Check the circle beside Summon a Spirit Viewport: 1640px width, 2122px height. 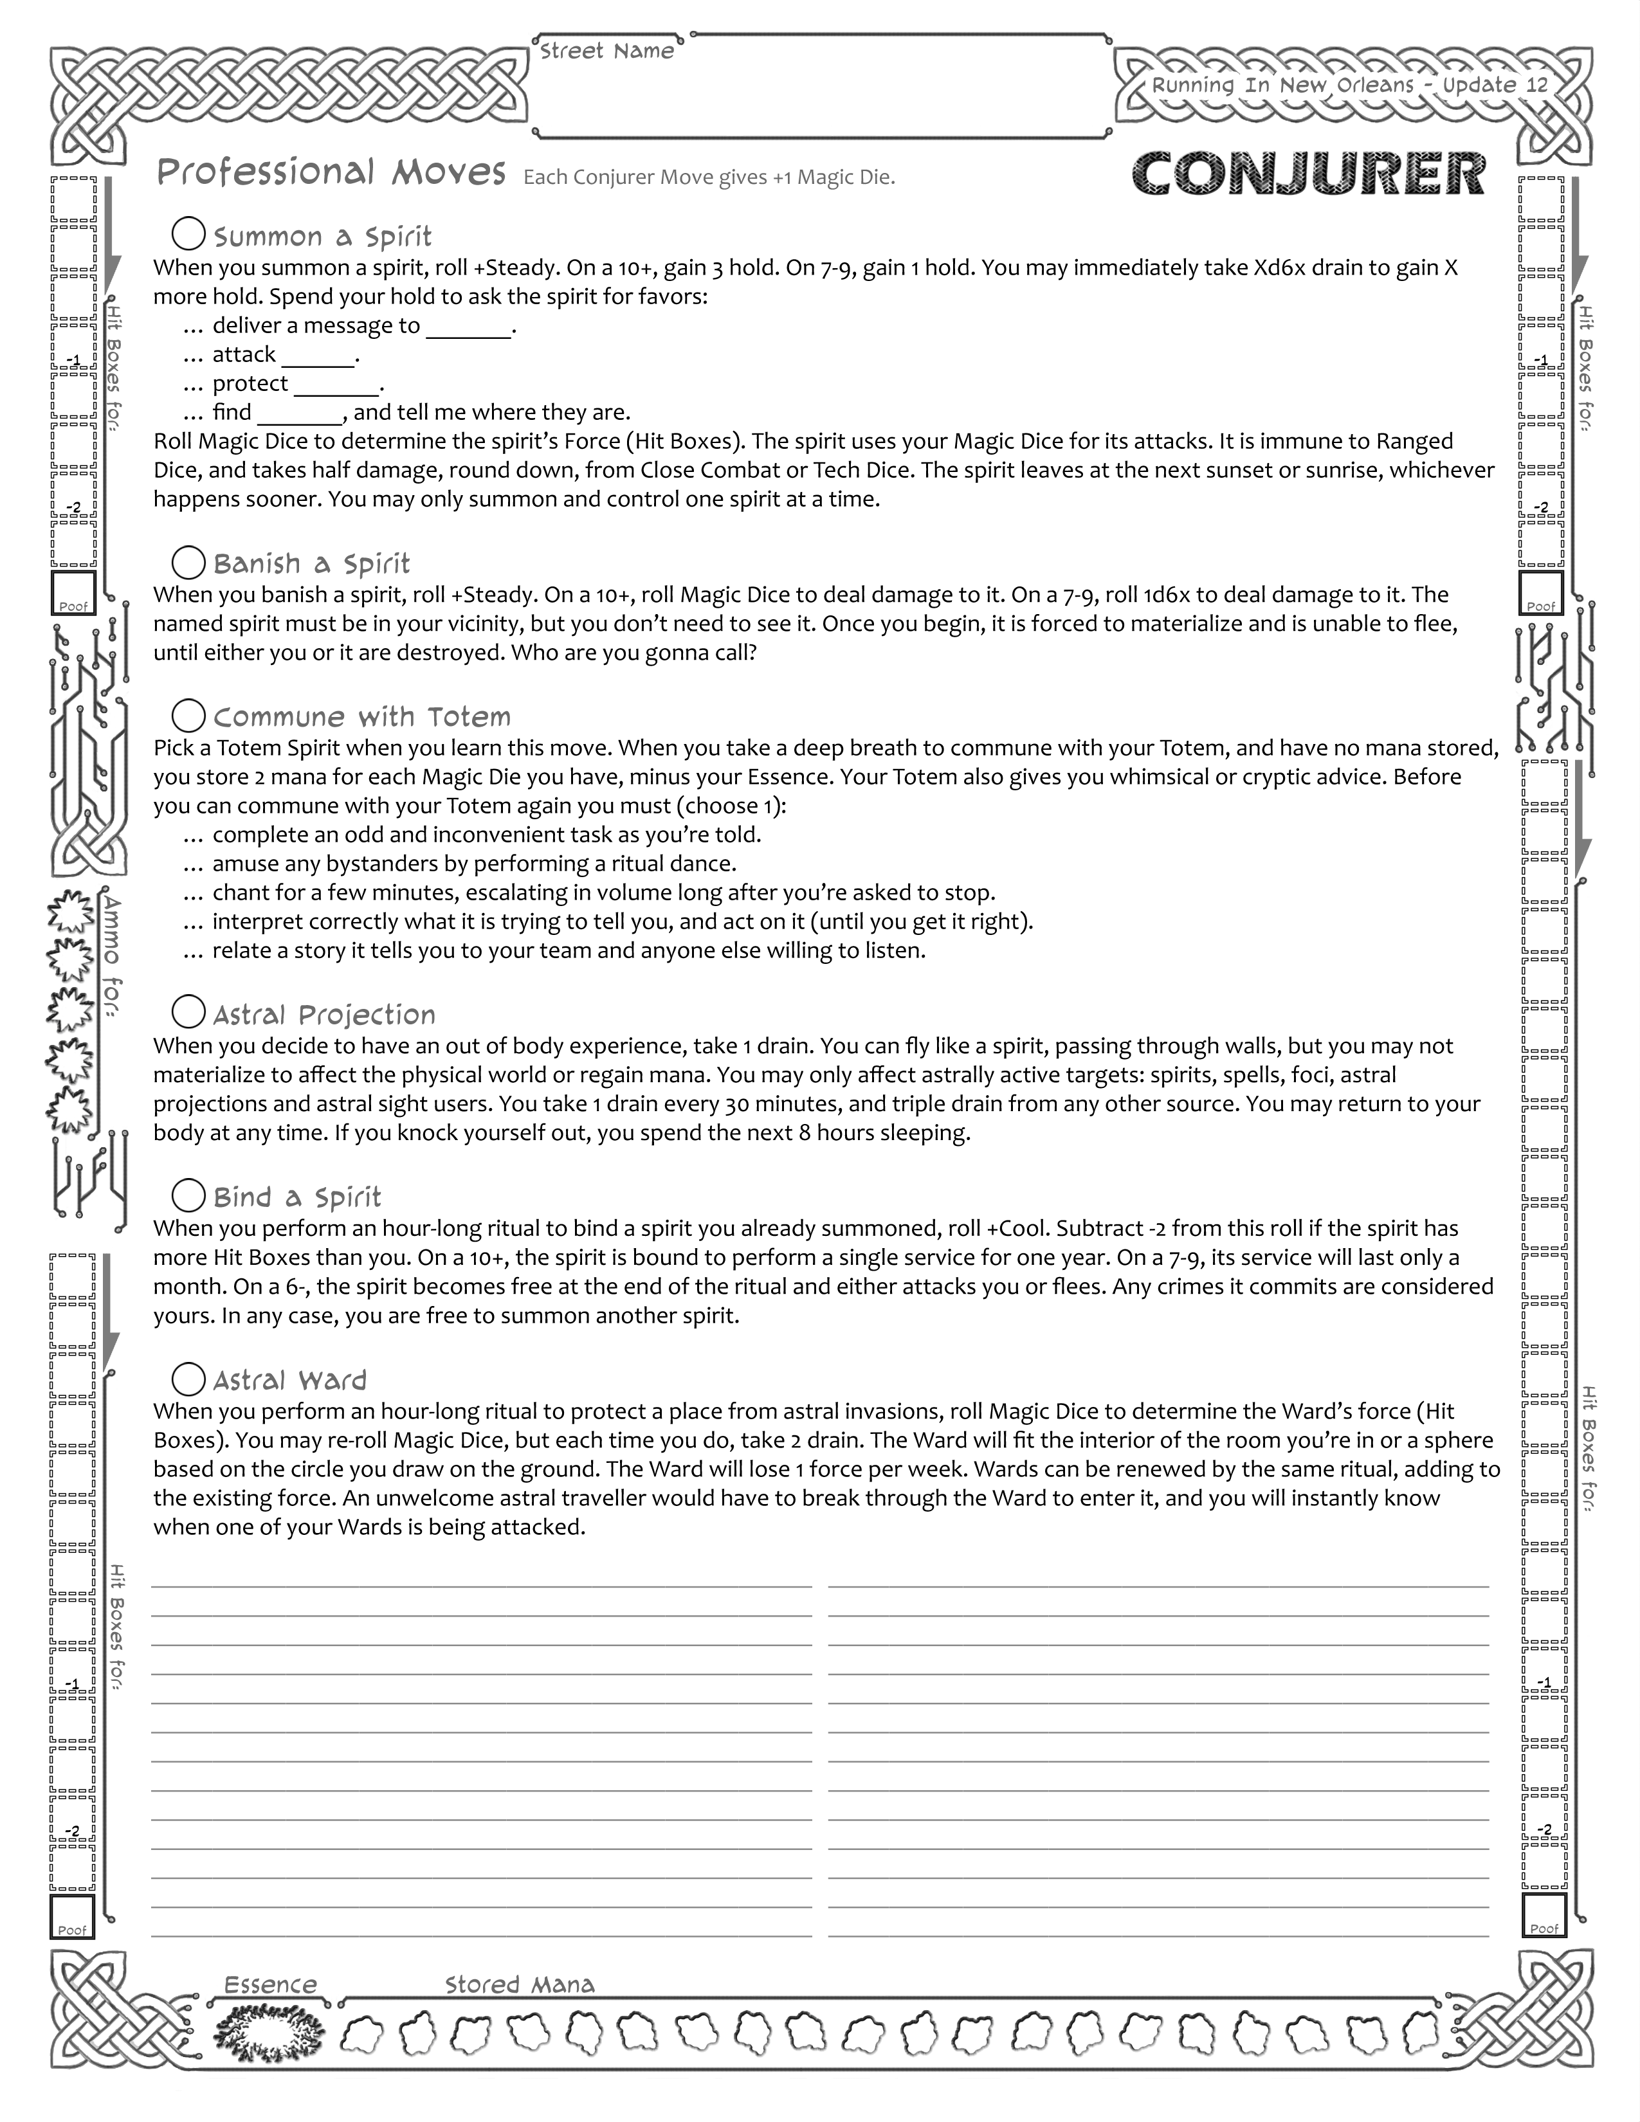click(x=188, y=234)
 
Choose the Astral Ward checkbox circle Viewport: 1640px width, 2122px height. click(x=188, y=1378)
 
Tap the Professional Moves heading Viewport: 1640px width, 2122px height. click(x=331, y=173)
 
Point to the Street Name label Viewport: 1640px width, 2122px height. click(x=606, y=51)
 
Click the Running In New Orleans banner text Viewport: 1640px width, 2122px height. click(x=1349, y=86)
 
